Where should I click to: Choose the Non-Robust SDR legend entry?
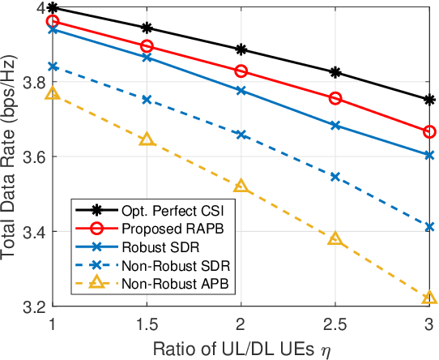(x=157, y=264)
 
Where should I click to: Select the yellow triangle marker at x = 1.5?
(x=147, y=139)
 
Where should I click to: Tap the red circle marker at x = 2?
(x=241, y=72)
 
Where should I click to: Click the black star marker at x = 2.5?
(x=335, y=72)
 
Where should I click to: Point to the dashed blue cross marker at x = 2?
(x=241, y=135)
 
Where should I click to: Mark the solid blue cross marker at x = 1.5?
(x=147, y=57)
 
